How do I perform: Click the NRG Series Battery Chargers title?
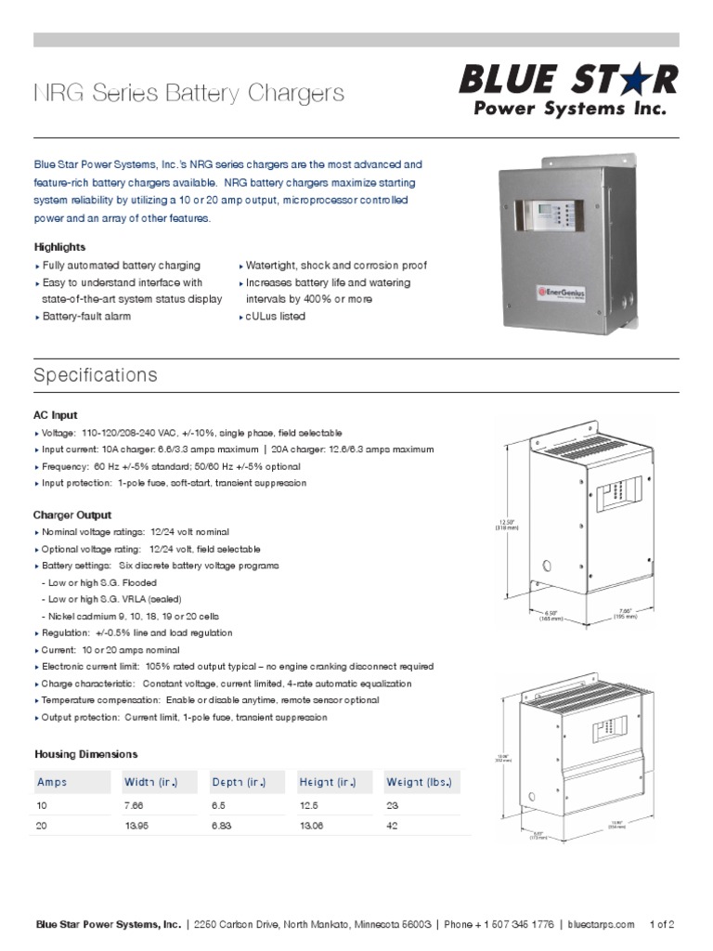coord(188,93)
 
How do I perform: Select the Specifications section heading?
coord(96,375)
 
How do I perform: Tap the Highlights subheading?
coord(59,247)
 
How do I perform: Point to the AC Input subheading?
coord(56,415)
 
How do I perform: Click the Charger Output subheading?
coord(72,515)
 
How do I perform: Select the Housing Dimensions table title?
coord(85,754)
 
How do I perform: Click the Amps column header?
coord(52,782)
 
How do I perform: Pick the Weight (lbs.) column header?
coord(419,782)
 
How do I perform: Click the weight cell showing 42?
coord(394,826)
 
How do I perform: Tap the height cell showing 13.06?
coord(312,826)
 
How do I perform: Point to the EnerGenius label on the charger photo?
coord(557,291)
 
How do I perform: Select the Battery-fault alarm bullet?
coord(87,317)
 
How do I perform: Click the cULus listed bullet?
coord(275,317)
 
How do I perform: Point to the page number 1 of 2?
coord(663,924)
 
